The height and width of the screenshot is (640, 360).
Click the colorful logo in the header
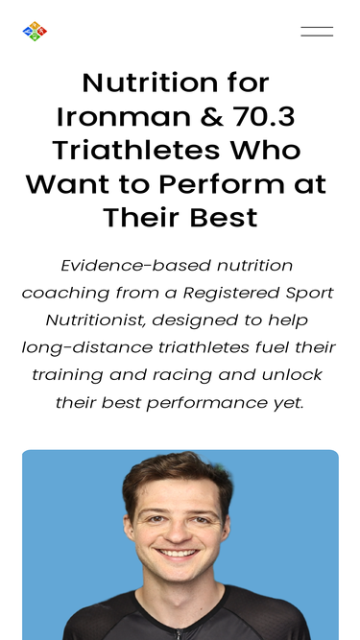tap(35, 32)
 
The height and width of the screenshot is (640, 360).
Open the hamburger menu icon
tap(317, 32)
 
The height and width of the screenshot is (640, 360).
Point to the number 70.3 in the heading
tap(263, 116)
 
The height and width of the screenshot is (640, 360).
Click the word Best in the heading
tap(222, 217)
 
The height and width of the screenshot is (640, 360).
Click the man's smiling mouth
tap(179, 554)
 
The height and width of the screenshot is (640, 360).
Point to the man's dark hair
tap(179, 476)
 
